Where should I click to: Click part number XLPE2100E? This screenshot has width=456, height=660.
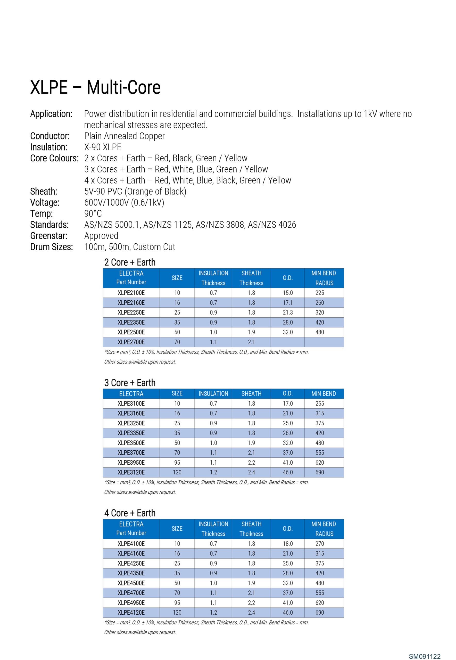coord(131,293)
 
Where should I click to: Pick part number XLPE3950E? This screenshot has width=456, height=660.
coord(131,463)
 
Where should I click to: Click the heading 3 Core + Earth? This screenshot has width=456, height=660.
coord(130,383)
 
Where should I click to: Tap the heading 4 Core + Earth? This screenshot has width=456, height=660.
coord(130,513)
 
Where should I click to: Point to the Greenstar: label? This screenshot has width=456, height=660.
coord(49,236)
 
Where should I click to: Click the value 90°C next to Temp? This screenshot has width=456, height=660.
coord(93,214)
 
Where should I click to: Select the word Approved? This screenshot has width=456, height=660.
coord(101,236)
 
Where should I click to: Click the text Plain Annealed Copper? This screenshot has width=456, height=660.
coord(124,136)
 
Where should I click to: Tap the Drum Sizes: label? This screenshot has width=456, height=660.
coord(52,247)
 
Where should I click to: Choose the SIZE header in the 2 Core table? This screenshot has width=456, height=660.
coord(177,278)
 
